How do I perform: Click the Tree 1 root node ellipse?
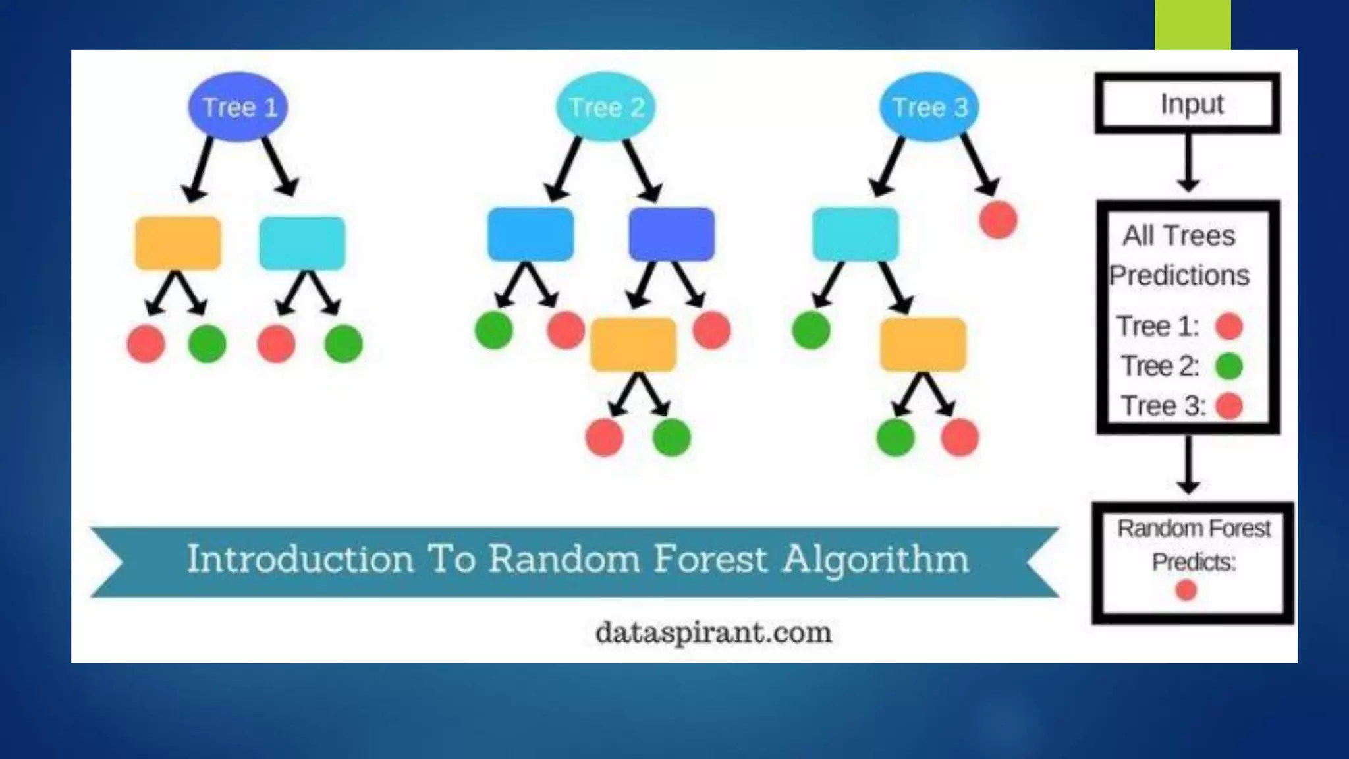click(238, 107)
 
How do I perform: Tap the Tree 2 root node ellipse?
click(605, 107)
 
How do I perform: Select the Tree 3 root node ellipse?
click(929, 107)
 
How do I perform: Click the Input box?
click(1188, 104)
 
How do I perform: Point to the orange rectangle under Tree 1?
click(178, 243)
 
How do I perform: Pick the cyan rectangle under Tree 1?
click(302, 243)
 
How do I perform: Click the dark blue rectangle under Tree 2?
click(671, 235)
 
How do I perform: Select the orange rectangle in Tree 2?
click(633, 345)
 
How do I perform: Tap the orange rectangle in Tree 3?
click(923, 345)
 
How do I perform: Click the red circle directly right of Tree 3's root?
click(998, 219)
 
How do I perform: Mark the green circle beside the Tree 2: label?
click(1228, 366)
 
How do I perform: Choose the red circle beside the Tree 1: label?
click(1228, 326)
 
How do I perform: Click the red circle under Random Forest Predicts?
click(1186, 590)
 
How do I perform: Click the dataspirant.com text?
click(713, 633)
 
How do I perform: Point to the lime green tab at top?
click(1192, 24)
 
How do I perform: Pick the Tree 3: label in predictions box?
click(1163, 406)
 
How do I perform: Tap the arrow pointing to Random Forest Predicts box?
click(1188, 465)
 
